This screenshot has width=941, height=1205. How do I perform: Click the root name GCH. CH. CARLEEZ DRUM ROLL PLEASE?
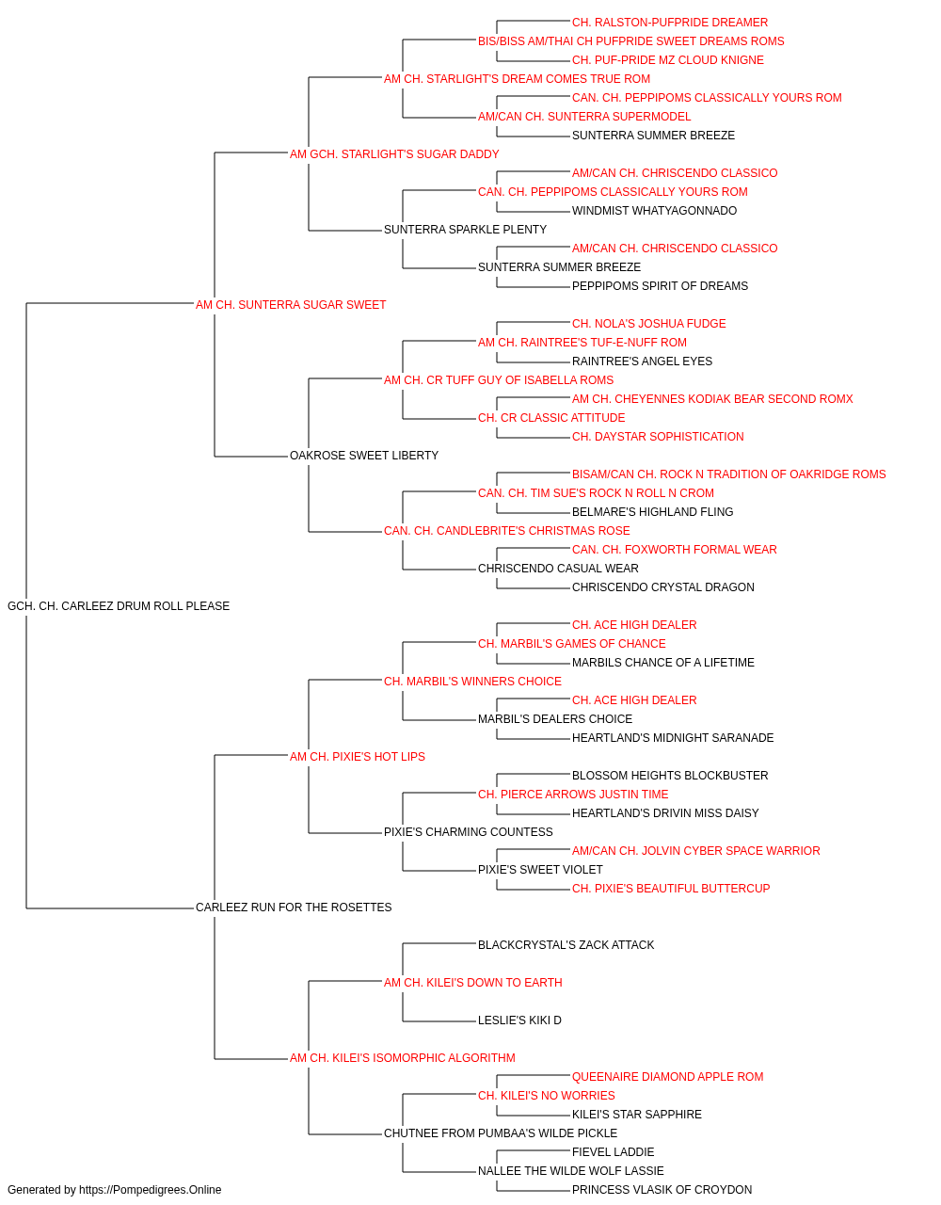(x=118, y=605)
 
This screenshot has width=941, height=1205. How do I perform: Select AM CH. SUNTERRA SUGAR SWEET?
(x=291, y=304)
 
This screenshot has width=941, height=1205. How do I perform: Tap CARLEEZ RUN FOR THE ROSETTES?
(x=294, y=907)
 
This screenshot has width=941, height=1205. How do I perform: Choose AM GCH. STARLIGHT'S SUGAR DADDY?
(x=394, y=154)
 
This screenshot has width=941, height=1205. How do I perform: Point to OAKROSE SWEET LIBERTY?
(x=363, y=456)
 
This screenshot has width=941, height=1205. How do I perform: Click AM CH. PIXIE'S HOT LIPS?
(x=357, y=756)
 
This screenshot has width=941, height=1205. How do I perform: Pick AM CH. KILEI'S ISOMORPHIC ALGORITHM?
(x=403, y=1057)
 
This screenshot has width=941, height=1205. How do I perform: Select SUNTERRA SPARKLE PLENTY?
(x=465, y=229)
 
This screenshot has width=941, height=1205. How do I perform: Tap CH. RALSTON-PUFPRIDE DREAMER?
(x=669, y=23)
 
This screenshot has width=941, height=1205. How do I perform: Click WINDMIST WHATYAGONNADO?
(x=654, y=210)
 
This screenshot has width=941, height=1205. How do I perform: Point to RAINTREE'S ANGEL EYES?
(x=642, y=361)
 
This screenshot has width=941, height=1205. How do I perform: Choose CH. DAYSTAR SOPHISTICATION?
(x=657, y=437)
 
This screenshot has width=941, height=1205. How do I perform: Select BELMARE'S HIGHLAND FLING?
(x=652, y=512)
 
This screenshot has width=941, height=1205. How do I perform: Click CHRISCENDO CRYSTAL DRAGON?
(x=662, y=586)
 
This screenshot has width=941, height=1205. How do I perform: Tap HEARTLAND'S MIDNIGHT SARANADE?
(x=672, y=737)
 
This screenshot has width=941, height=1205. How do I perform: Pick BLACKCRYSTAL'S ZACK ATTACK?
(x=566, y=944)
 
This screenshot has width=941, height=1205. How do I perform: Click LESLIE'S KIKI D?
(x=519, y=1020)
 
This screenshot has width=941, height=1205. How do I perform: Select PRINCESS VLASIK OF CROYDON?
(x=662, y=1190)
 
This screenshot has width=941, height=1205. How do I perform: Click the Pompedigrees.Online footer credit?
(x=114, y=1190)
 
